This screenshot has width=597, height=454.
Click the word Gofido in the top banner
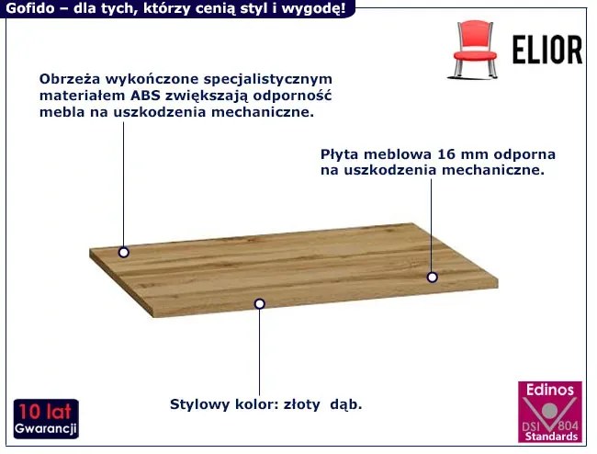click(28, 9)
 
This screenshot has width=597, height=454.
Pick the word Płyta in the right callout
click(342, 153)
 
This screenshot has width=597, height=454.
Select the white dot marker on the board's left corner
click(123, 252)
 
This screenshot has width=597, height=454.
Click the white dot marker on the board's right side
click(432, 276)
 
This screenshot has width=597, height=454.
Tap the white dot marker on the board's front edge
click(259, 303)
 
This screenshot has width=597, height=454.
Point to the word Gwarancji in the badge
click(46, 430)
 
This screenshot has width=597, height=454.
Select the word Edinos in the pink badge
click(549, 390)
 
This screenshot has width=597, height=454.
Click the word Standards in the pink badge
click(549, 436)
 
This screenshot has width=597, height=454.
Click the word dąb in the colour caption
click(347, 404)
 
